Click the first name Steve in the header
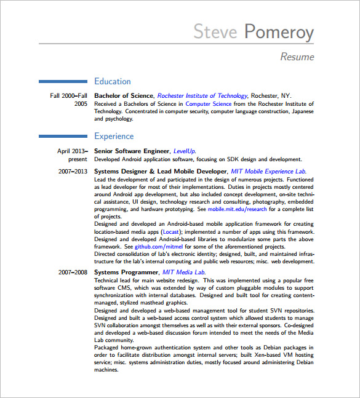(215, 31)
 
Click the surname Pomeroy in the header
(279, 32)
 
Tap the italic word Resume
(297, 57)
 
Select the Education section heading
(112, 81)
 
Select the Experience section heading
(114, 136)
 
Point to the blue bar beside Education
(63, 81)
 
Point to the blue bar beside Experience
(63, 136)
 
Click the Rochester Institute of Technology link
(202, 96)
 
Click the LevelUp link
(184, 151)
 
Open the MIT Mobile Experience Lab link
(268, 172)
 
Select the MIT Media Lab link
(183, 272)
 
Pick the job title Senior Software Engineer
(131, 151)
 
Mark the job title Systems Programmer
(126, 272)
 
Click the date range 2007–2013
(73, 172)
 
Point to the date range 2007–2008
(73, 272)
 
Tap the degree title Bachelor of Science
(123, 96)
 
